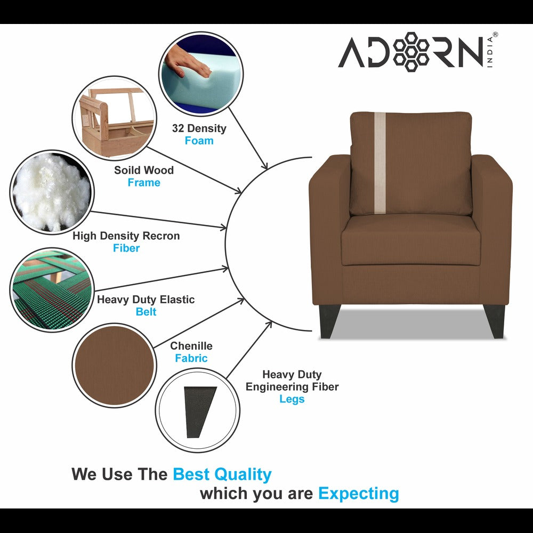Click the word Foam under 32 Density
[x=199, y=141]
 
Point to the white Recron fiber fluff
[x=51, y=192]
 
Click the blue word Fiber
[x=126, y=248]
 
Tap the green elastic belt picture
[x=51, y=289]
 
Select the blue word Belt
[x=146, y=312]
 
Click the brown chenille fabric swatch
[x=113, y=364]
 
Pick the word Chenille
[x=191, y=346]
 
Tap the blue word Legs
[x=292, y=399]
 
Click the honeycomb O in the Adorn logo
[x=412, y=52]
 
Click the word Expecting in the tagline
[x=358, y=493]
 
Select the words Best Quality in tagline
[x=222, y=474]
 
